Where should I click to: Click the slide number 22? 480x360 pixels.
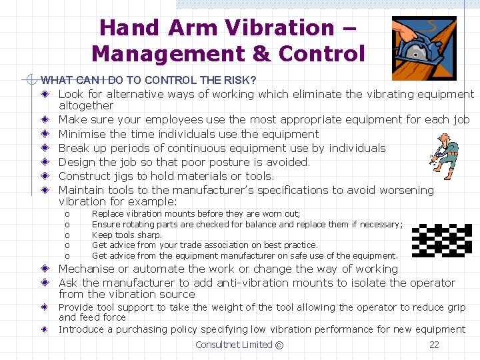pos(434,345)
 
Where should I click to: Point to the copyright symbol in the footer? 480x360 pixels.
pos(279,345)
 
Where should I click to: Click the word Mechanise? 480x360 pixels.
pos(91,269)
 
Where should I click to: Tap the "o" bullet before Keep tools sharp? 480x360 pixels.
pos(67,235)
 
